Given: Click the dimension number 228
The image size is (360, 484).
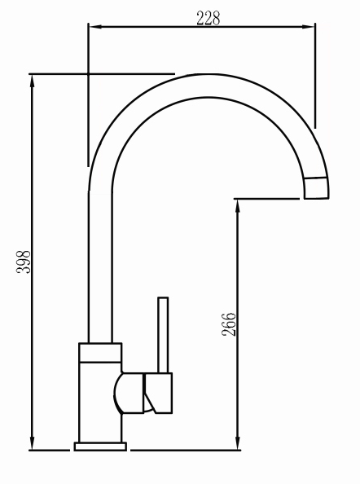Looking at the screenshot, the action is tap(209, 18).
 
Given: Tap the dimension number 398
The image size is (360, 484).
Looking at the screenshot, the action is tap(24, 262).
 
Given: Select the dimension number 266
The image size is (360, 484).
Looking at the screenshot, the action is tap(229, 324).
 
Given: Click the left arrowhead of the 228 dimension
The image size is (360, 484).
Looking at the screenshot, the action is tap(94, 27).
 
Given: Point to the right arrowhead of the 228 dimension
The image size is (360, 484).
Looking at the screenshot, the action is tap(308, 27).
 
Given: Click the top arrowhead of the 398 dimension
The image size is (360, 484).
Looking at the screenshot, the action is tap(32, 81).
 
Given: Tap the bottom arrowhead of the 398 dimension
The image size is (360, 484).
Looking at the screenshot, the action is tap(32, 444).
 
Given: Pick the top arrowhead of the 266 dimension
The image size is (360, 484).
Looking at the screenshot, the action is tap(238, 205).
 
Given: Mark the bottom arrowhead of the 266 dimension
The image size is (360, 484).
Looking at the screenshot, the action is tap(238, 443).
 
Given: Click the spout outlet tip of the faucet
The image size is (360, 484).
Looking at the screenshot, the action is tap(317, 188).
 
